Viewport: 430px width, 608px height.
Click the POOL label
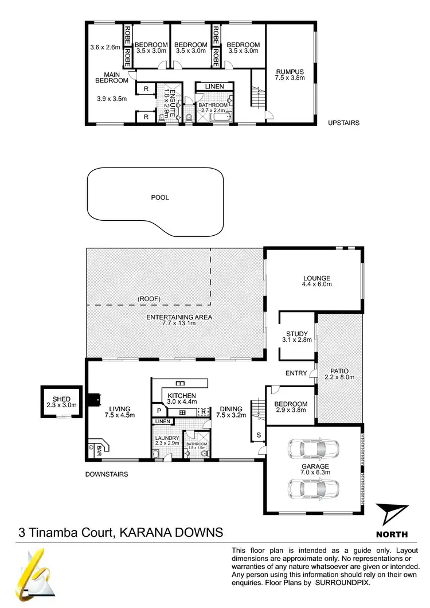160,197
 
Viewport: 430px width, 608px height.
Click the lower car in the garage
313,488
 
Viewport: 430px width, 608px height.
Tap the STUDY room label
297,334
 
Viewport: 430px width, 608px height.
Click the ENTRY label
296,373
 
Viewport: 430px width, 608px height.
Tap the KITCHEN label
182,396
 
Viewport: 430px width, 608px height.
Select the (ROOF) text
148,298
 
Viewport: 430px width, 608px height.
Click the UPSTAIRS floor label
343,123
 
